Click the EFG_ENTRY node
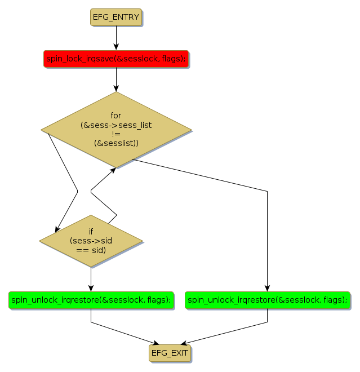click(x=115, y=17)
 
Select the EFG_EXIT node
click(x=170, y=353)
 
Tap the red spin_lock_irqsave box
click(x=115, y=58)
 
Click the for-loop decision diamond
click(x=116, y=130)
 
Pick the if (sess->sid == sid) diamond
click(x=91, y=241)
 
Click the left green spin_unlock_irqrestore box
click(x=90, y=300)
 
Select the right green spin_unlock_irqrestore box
click(x=267, y=300)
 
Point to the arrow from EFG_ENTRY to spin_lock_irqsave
click(x=116, y=38)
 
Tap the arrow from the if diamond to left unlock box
click(x=91, y=279)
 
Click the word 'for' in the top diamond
click(x=116, y=116)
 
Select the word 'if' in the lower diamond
click(x=91, y=231)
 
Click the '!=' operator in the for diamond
click(x=116, y=134)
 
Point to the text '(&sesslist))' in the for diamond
click(x=116, y=144)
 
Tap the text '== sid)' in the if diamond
click(x=91, y=250)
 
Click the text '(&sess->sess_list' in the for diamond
click(x=116, y=125)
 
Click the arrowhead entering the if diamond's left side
click(x=57, y=229)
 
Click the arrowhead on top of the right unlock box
click(x=267, y=289)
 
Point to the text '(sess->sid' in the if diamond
click(x=91, y=241)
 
